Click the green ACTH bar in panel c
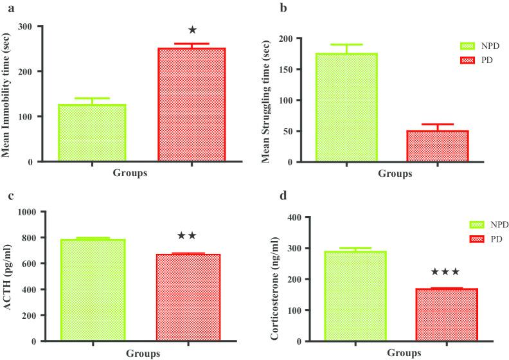93,290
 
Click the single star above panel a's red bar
192,30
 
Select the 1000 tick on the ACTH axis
40,212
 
